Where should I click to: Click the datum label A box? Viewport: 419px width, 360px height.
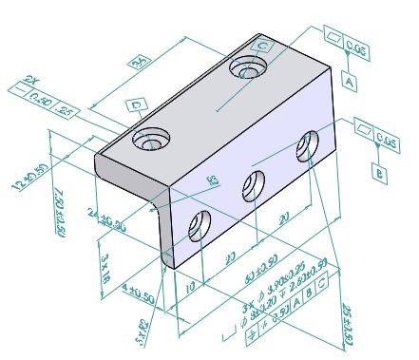point(351,84)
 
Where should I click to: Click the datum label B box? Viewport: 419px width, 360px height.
point(377,174)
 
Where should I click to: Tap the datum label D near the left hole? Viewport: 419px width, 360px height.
point(136,104)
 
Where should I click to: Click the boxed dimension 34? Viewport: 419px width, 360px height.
point(141,63)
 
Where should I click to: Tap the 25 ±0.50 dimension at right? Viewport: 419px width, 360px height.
point(347,323)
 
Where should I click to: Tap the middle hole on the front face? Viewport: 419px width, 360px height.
point(252,186)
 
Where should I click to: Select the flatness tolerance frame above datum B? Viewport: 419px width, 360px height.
point(376,140)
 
